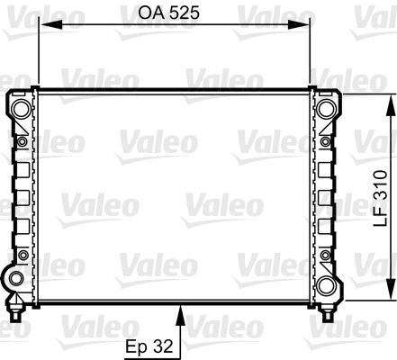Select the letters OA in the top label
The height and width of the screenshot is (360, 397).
click(x=149, y=13)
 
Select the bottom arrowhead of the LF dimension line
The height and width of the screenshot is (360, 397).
click(x=392, y=293)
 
